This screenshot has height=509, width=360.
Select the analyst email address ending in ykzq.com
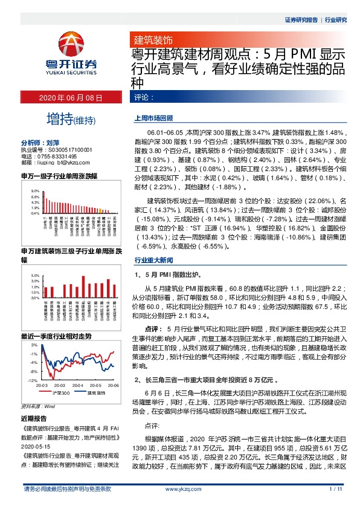[x=55, y=162]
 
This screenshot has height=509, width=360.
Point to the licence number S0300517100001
[x=65, y=149]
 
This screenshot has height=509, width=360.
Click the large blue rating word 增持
[x=58, y=118]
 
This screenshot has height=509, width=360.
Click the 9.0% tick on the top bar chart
[x=35, y=190]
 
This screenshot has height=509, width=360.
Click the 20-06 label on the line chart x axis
[x=112, y=385]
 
